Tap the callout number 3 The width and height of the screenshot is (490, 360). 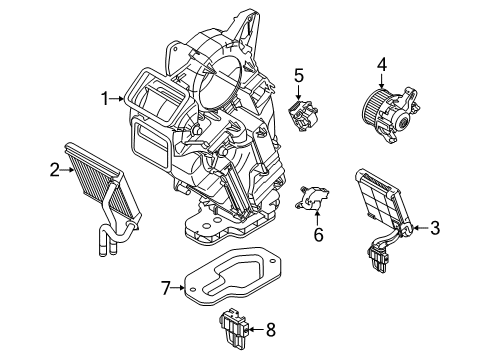[x=434, y=228]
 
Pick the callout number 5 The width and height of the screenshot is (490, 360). [x=298, y=74]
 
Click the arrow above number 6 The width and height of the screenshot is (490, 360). [x=318, y=220]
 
